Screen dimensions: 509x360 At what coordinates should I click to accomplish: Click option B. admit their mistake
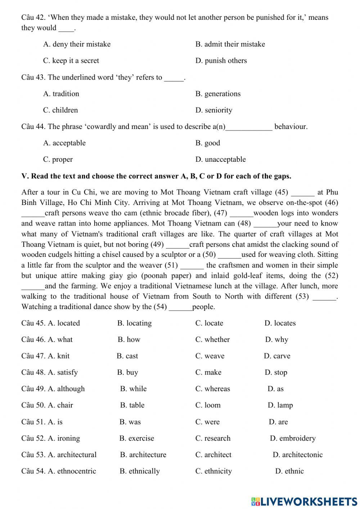pyautogui.click(x=230, y=44)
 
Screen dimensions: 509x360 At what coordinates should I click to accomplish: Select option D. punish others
pyautogui.click(x=221, y=61)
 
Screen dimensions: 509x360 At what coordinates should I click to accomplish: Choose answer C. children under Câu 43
pyautogui.click(x=60, y=110)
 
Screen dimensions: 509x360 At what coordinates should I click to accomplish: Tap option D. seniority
pyautogui.click(x=214, y=110)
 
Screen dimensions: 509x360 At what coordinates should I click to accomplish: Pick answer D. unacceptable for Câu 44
pyautogui.click(x=220, y=160)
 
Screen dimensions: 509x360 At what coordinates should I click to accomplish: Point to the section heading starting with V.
pyautogui.click(x=156, y=177)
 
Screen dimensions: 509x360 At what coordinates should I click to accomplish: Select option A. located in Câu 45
pyautogui.click(x=64, y=323)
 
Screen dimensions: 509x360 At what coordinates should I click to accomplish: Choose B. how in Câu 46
pyautogui.click(x=129, y=340)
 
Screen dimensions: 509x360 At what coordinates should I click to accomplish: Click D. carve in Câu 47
pyautogui.click(x=277, y=356)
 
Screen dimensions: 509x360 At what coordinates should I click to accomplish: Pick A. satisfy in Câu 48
pyautogui.click(x=63, y=372)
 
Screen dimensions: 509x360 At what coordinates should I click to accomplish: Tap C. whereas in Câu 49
pyautogui.click(x=212, y=389)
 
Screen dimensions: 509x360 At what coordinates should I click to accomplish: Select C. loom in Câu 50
pyautogui.click(x=208, y=405)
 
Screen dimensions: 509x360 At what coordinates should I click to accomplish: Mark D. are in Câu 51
pyautogui.click(x=278, y=422)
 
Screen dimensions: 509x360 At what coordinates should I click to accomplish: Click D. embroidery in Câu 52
pyautogui.click(x=293, y=438)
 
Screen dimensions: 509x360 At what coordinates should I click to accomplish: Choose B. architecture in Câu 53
pyautogui.click(x=143, y=455)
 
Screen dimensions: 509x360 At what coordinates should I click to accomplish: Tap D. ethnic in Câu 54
pyautogui.click(x=289, y=471)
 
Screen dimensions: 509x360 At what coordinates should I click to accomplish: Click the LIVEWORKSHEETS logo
pyautogui.click(x=304, y=501)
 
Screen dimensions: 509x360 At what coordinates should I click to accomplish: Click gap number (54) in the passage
pyautogui.click(x=180, y=307)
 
